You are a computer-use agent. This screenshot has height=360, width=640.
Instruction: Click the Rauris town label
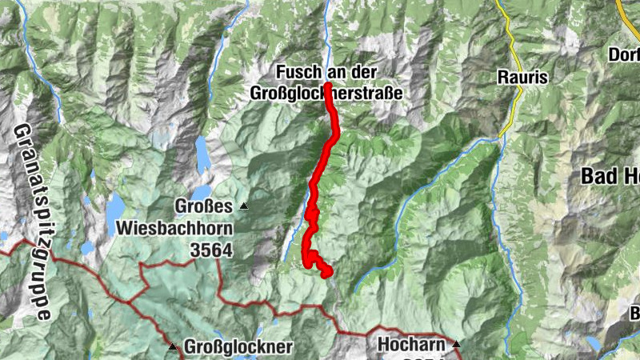[x=522, y=78]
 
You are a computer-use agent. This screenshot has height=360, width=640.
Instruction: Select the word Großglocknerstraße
[x=339, y=93]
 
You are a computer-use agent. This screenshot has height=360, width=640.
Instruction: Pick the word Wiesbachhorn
[x=174, y=227]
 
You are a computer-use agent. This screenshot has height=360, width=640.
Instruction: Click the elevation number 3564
[x=211, y=250]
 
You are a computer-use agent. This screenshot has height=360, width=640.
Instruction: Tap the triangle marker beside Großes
[x=244, y=207]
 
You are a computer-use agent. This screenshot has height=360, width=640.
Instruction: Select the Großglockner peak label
[x=238, y=348]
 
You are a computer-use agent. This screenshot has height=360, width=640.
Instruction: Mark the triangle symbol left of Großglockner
[x=172, y=347]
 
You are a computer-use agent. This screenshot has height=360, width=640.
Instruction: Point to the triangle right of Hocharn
[x=456, y=345]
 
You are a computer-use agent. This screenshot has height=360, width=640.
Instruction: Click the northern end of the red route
[x=328, y=85]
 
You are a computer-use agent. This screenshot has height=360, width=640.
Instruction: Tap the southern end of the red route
[x=327, y=274]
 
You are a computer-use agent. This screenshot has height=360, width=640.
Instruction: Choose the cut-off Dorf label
[x=624, y=55]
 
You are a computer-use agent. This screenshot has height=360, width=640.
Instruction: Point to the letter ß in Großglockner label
[x=217, y=348]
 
